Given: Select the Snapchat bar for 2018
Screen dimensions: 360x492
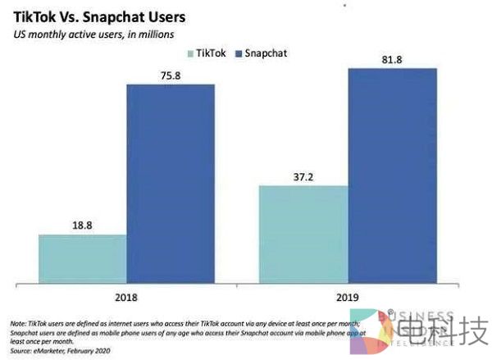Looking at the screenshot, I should pyautogui.click(x=171, y=185).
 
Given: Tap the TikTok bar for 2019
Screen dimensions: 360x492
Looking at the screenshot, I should pyautogui.click(x=303, y=235).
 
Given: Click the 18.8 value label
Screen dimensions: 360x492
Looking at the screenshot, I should pyautogui.click(x=83, y=224).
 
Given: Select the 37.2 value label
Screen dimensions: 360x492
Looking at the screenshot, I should pyautogui.click(x=303, y=174).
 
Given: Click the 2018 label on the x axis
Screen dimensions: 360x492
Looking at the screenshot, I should pyautogui.click(x=127, y=301).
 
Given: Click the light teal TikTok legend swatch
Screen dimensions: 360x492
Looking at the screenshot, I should pyautogui.click(x=191, y=53).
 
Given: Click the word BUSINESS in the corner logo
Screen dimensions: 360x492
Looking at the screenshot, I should pyautogui.click(x=426, y=315).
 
